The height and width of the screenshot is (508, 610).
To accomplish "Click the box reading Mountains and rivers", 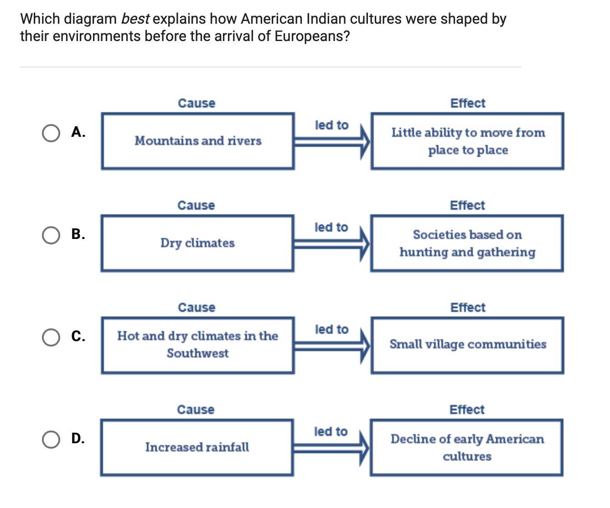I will (x=197, y=141).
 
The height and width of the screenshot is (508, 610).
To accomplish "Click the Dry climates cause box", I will (x=197, y=243).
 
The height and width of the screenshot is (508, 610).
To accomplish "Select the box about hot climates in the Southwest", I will (x=197, y=345).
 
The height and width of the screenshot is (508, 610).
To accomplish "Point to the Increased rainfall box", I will (x=197, y=447).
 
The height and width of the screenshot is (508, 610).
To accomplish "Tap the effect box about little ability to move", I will (x=467, y=141).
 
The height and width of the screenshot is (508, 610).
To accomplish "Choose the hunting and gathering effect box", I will (x=467, y=243).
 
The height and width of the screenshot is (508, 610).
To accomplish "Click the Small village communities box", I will (x=467, y=345).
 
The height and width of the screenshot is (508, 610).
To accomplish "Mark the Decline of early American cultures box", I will (x=467, y=447).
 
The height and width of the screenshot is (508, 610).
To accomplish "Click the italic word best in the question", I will (x=135, y=19).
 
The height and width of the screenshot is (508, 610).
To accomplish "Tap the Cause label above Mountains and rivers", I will (x=196, y=103).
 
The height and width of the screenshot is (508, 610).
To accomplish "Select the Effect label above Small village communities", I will (x=468, y=307).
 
